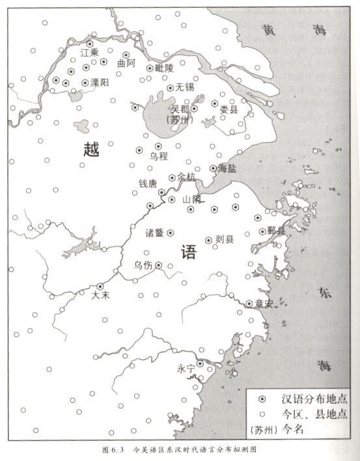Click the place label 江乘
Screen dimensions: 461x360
(x=89, y=53)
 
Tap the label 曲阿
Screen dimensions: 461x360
(x=126, y=64)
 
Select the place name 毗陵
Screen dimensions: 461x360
(x=165, y=68)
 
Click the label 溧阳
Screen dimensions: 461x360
(x=100, y=83)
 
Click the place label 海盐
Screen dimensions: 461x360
(x=227, y=168)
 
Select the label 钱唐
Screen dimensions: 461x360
(x=148, y=184)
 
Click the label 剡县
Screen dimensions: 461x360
(x=223, y=240)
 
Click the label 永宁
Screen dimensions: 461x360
(x=186, y=369)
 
